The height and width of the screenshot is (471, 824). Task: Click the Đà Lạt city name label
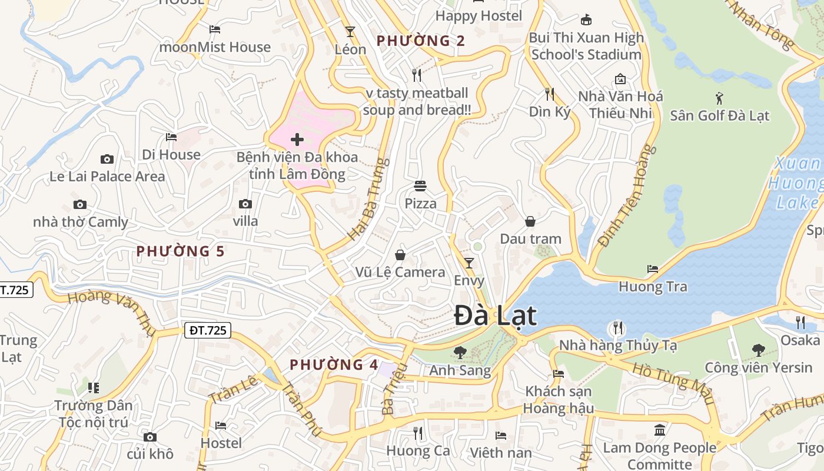[495, 316]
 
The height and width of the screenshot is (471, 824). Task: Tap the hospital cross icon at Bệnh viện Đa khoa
[297, 140]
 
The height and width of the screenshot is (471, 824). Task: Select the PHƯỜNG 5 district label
[180, 251]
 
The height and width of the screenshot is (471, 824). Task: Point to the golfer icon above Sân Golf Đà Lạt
[719, 98]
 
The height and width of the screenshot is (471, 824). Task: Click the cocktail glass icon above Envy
[469, 263]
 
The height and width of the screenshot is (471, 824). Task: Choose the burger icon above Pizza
[420, 186]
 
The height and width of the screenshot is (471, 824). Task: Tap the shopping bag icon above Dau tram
[530, 221]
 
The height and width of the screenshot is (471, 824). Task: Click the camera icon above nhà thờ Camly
[80, 205]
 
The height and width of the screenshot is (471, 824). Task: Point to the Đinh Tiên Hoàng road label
[627, 195]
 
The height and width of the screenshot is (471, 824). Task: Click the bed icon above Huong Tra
[653, 269]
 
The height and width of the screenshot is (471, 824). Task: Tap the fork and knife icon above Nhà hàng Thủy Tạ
[617, 327]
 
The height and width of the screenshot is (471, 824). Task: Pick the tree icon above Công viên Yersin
[759, 350]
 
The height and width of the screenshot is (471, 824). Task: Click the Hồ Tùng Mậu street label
[673, 383]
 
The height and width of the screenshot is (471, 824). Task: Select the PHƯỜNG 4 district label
[334, 364]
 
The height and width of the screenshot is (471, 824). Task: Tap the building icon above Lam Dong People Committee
[660, 430]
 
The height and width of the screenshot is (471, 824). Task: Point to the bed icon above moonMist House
[215, 29]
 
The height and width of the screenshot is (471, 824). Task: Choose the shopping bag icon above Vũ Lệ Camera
[400, 254]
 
